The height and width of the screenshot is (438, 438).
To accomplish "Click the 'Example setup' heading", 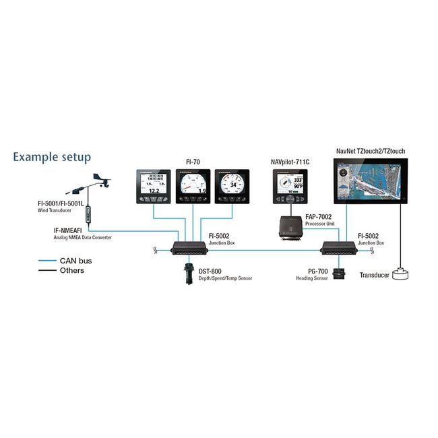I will [x=51, y=158].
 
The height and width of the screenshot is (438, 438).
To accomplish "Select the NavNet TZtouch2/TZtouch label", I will [x=370, y=152].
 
